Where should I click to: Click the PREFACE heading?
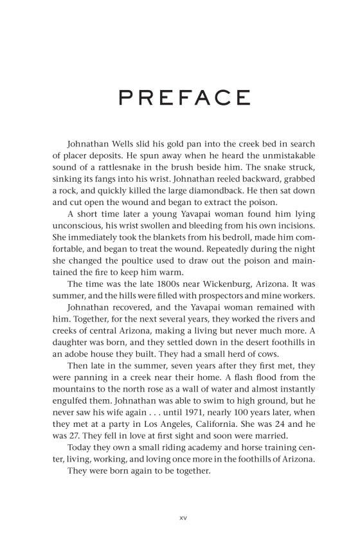pyautogui.click(x=179, y=98)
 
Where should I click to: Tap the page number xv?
pyautogui.click(x=180, y=515)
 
